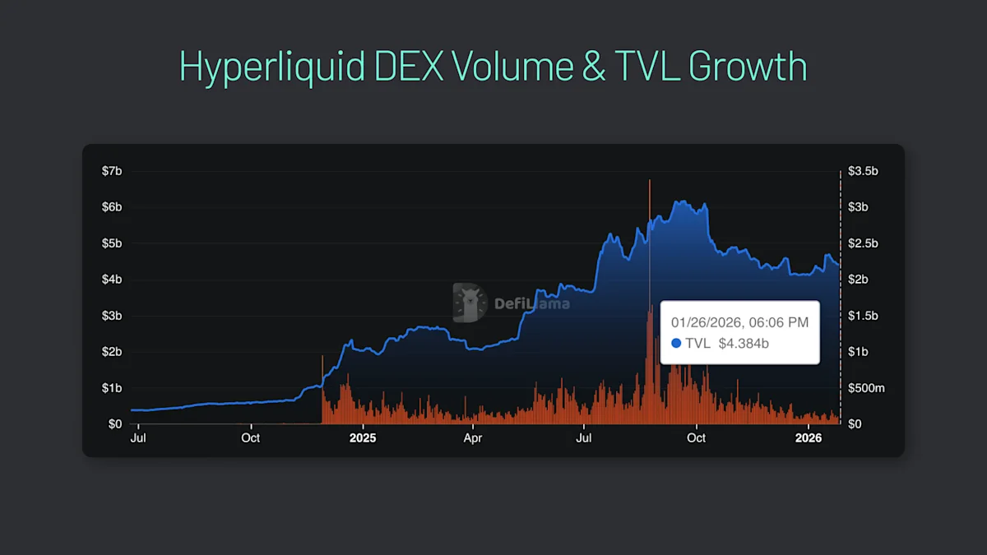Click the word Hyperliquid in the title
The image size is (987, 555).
271,67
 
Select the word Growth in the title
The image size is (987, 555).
748,67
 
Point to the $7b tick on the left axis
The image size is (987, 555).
113,171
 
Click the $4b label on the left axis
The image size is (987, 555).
113,280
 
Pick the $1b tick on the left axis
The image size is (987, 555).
113,388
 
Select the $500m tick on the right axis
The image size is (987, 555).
866,388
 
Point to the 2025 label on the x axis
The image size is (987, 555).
363,438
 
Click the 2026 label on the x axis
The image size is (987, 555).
809,438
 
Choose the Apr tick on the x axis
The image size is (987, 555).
473,438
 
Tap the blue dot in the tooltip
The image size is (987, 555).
676,343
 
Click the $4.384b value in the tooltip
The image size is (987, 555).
744,343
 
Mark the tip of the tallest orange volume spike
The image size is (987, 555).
650,180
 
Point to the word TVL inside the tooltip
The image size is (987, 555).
697,343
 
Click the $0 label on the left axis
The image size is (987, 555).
116,424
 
